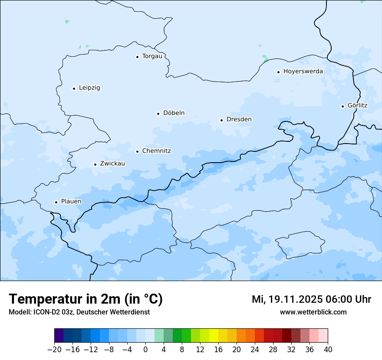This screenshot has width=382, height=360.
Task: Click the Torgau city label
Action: (152, 56)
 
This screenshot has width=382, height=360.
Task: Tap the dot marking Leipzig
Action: (74, 88)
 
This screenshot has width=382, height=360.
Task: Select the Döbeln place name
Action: (174, 113)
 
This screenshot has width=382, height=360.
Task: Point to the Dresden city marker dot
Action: (221, 120)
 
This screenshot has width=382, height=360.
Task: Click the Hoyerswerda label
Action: (303, 71)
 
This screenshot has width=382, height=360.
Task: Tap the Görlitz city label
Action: (357, 105)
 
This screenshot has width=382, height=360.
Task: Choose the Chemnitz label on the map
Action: (156, 151)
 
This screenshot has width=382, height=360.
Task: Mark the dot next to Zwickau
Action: (95, 164)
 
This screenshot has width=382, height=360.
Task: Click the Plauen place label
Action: (71, 201)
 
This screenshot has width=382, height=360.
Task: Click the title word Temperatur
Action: (43, 299)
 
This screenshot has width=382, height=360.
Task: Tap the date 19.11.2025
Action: (295, 299)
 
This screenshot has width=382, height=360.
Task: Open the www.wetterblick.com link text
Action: (313, 312)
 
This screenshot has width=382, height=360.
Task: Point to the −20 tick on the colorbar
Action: (54, 349)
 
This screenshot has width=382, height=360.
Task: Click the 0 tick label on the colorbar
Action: (145, 349)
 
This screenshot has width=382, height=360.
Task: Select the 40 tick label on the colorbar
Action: (328, 349)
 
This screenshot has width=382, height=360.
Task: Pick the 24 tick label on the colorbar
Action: (255, 349)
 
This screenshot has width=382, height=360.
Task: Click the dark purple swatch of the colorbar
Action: (59, 336)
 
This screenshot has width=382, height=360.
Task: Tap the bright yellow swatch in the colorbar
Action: (214, 336)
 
